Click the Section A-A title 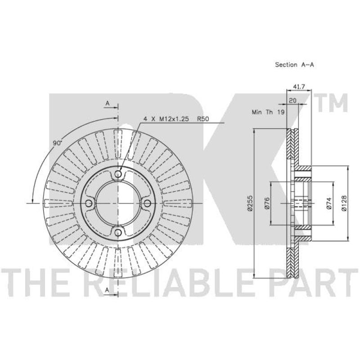tap(294, 65)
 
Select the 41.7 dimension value tap(299, 86)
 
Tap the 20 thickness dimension tap(292, 100)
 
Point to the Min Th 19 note tap(268, 112)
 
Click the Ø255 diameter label tap(250, 203)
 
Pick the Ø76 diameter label tap(267, 203)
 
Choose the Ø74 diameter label tap(329, 203)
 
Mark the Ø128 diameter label tap(344, 203)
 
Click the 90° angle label tap(58, 143)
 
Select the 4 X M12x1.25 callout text tap(166, 119)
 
